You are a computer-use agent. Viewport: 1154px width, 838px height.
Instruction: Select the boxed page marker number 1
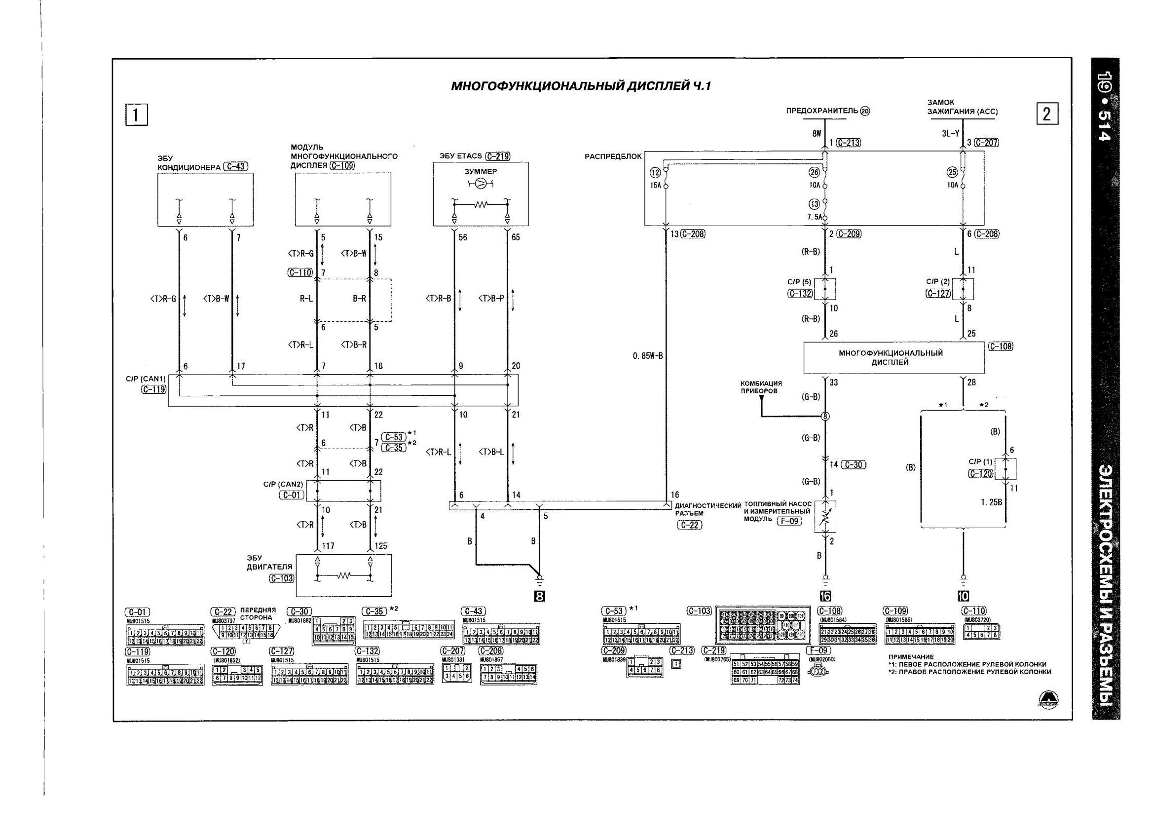[x=136, y=114]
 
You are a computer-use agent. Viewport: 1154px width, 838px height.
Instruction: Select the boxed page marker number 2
[x=1047, y=114]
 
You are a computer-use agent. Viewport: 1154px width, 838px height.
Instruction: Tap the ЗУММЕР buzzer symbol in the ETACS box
[x=481, y=183]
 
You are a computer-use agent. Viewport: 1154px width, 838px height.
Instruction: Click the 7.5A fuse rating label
[x=814, y=217]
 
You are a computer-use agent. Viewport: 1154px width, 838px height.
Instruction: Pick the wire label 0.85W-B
[x=648, y=356]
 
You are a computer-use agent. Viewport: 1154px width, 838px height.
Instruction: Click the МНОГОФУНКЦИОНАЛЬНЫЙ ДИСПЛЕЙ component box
[x=893, y=357]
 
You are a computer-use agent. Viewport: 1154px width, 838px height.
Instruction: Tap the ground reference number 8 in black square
[x=539, y=596]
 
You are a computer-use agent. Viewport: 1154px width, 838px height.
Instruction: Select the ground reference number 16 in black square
[x=825, y=596]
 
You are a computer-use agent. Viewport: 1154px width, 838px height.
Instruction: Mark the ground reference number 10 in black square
[x=963, y=596]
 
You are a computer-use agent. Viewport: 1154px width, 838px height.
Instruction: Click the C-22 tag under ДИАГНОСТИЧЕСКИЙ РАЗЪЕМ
[x=689, y=526]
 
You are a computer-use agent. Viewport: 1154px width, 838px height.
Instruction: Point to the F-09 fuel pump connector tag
[x=789, y=521]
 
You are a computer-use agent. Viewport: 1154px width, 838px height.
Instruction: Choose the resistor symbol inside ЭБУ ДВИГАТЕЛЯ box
[x=344, y=576]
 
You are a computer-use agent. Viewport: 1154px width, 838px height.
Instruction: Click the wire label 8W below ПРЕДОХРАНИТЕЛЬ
[x=816, y=133]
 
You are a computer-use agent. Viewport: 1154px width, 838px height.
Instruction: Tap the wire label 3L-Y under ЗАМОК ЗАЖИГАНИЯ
[x=950, y=133]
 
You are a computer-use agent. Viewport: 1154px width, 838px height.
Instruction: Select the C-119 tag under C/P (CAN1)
[x=153, y=389]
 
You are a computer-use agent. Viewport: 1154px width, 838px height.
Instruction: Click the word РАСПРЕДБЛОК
[x=613, y=156]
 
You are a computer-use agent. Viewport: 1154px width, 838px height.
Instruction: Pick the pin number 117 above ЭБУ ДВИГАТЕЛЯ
[x=328, y=546]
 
